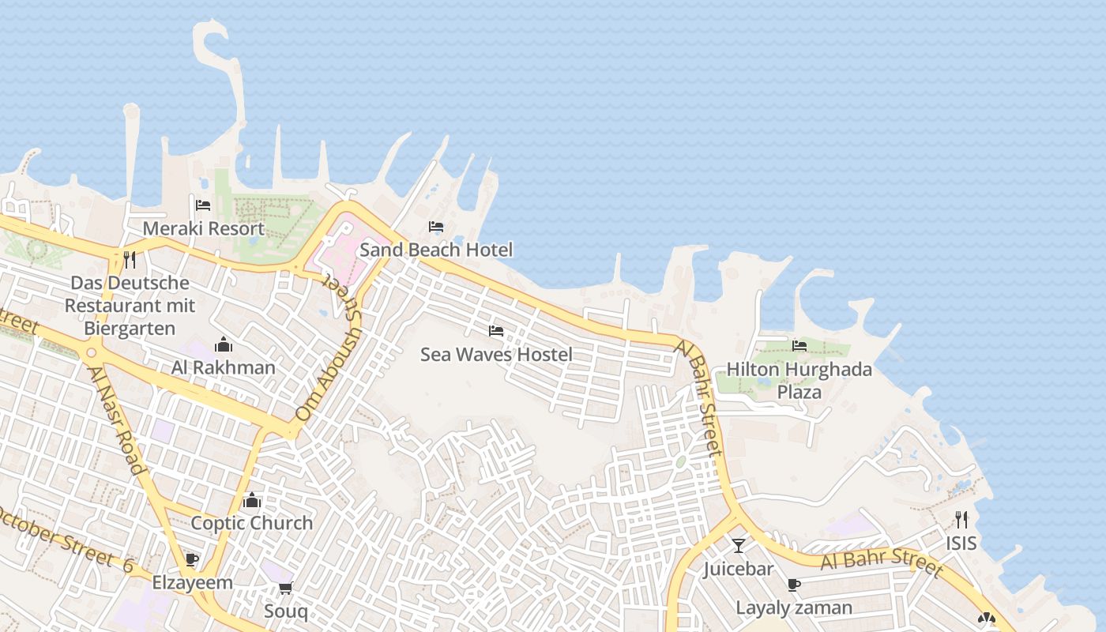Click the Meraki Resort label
coord(203,229)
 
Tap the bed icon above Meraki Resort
coord(203,205)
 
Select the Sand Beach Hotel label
coord(436,250)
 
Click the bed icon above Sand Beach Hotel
coord(436,227)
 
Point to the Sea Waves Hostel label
coord(496,355)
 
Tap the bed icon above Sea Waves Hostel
coord(496,331)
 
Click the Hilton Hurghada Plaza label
coord(799,380)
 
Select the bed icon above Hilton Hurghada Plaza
coord(799,345)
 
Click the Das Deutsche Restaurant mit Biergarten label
coord(130,305)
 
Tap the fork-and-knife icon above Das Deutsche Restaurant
coord(130,259)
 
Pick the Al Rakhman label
coord(224,367)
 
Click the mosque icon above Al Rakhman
coord(224,344)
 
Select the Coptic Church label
coord(252,523)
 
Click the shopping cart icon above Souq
coord(285,588)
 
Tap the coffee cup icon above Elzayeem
coord(191,560)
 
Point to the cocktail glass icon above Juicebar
coord(738,545)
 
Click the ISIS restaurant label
coord(961,544)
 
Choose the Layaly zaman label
coord(794,608)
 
